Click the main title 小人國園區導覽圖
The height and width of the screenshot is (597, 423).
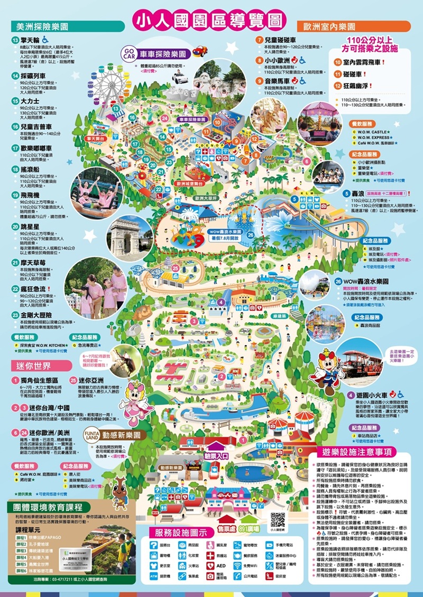[x=212, y=20]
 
